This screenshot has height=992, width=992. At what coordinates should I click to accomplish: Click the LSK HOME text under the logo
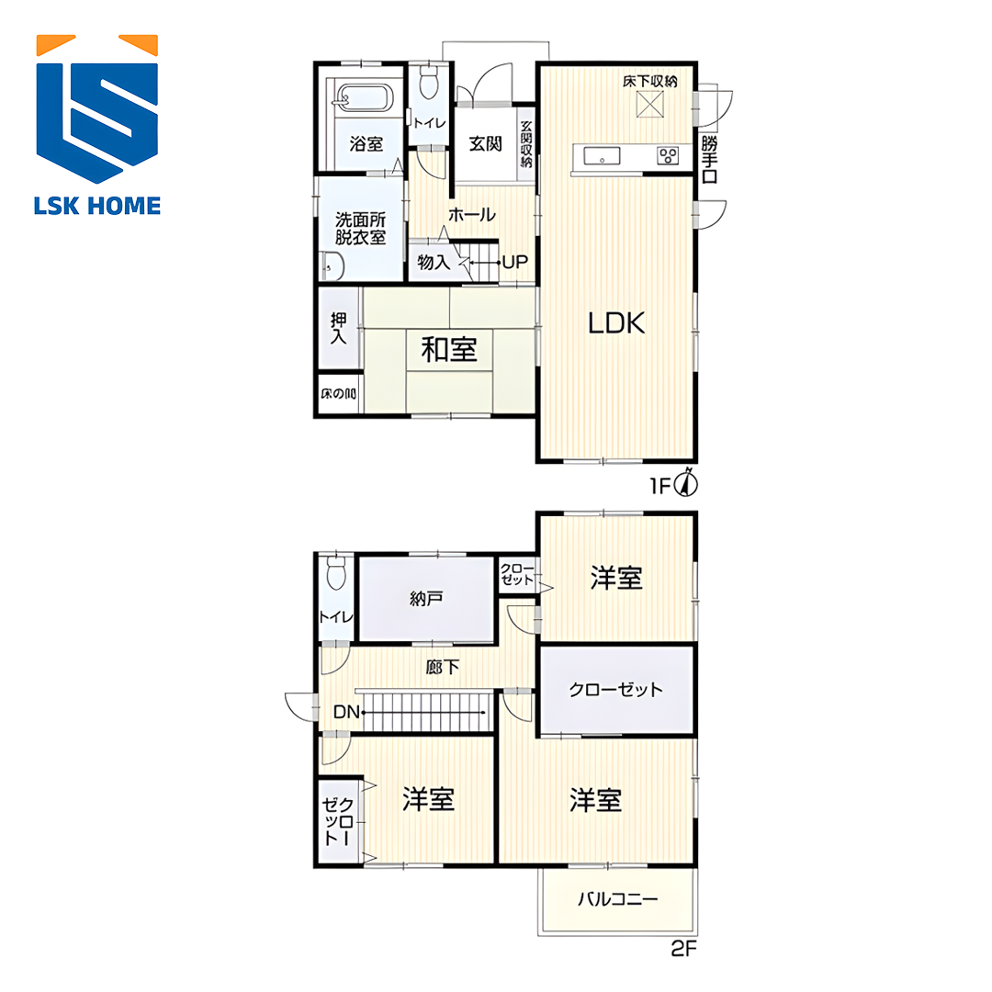tap(96, 207)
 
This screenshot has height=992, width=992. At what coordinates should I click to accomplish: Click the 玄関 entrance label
tap(485, 143)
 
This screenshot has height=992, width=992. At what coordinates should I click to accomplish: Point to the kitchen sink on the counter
tap(602, 155)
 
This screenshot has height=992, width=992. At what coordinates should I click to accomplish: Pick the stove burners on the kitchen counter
tap(668, 155)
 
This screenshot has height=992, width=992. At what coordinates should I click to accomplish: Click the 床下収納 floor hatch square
tap(649, 105)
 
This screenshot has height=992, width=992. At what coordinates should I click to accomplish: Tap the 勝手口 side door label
tap(710, 159)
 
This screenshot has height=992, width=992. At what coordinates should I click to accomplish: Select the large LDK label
tap(616, 322)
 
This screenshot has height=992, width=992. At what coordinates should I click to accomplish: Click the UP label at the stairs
tap(515, 262)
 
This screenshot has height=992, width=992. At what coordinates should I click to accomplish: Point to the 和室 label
tap(449, 350)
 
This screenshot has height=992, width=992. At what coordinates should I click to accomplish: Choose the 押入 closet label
tap(338, 328)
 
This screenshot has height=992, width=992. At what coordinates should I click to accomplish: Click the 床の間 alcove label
tap(338, 394)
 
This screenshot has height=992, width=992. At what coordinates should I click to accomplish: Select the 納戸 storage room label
tap(426, 598)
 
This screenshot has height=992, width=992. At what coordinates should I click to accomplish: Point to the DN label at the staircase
tap(346, 713)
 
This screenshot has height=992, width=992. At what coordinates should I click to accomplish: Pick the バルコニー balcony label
tap(617, 899)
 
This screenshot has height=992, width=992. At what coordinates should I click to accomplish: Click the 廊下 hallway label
tap(442, 667)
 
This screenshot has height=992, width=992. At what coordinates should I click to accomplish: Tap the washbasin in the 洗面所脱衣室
tap(333, 266)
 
